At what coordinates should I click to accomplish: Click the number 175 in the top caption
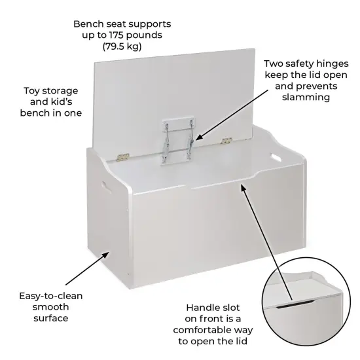pos(130,35)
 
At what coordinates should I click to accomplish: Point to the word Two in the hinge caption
pos(274,64)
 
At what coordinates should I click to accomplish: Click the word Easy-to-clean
pos(50,295)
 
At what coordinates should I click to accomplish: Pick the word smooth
pos(50,306)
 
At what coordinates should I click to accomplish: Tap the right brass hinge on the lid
pos(227,140)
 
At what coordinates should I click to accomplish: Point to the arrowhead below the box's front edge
pos(243,187)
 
